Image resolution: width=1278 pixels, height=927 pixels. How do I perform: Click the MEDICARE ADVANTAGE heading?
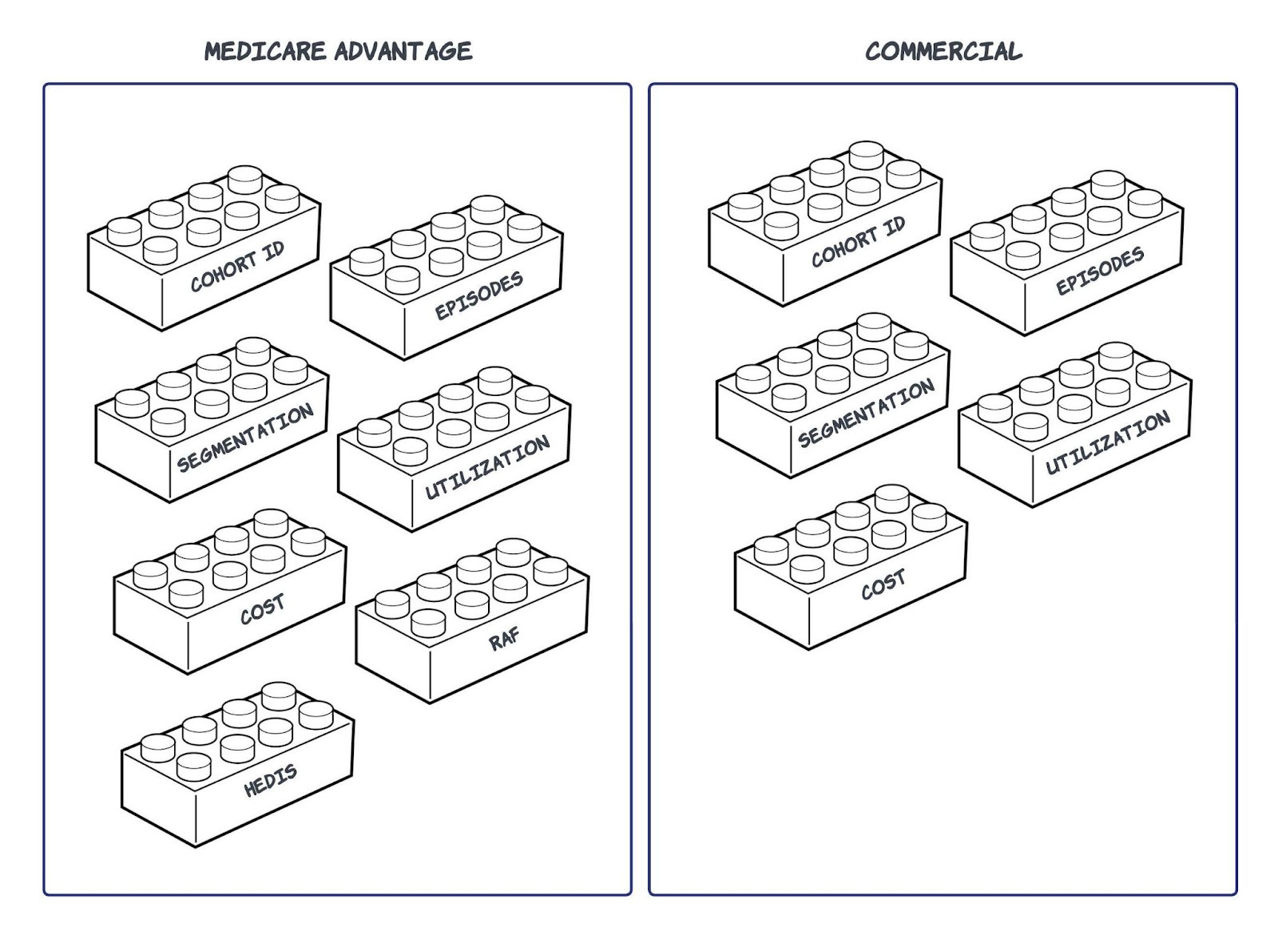[338, 51]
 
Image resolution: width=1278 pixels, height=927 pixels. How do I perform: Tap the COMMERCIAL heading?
[943, 51]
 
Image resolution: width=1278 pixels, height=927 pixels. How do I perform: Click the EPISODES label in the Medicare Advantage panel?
[478, 295]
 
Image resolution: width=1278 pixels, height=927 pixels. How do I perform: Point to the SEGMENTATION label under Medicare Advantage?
[245, 438]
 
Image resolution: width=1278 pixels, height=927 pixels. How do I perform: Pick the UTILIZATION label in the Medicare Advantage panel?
[486, 467]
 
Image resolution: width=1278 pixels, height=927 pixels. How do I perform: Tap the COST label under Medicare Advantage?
[262, 609]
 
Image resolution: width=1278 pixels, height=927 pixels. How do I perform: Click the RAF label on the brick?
[504, 638]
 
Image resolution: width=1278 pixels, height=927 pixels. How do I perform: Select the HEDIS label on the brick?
[271, 779]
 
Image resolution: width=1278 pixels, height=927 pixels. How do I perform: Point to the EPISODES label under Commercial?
[1100, 271]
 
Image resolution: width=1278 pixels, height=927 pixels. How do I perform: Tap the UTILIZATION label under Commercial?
[1108, 442]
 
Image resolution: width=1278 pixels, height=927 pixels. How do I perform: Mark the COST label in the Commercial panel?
[883, 585]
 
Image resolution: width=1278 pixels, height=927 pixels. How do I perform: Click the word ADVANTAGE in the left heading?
[403, 51]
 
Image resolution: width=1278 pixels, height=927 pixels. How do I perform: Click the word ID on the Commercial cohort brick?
[894, 227]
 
